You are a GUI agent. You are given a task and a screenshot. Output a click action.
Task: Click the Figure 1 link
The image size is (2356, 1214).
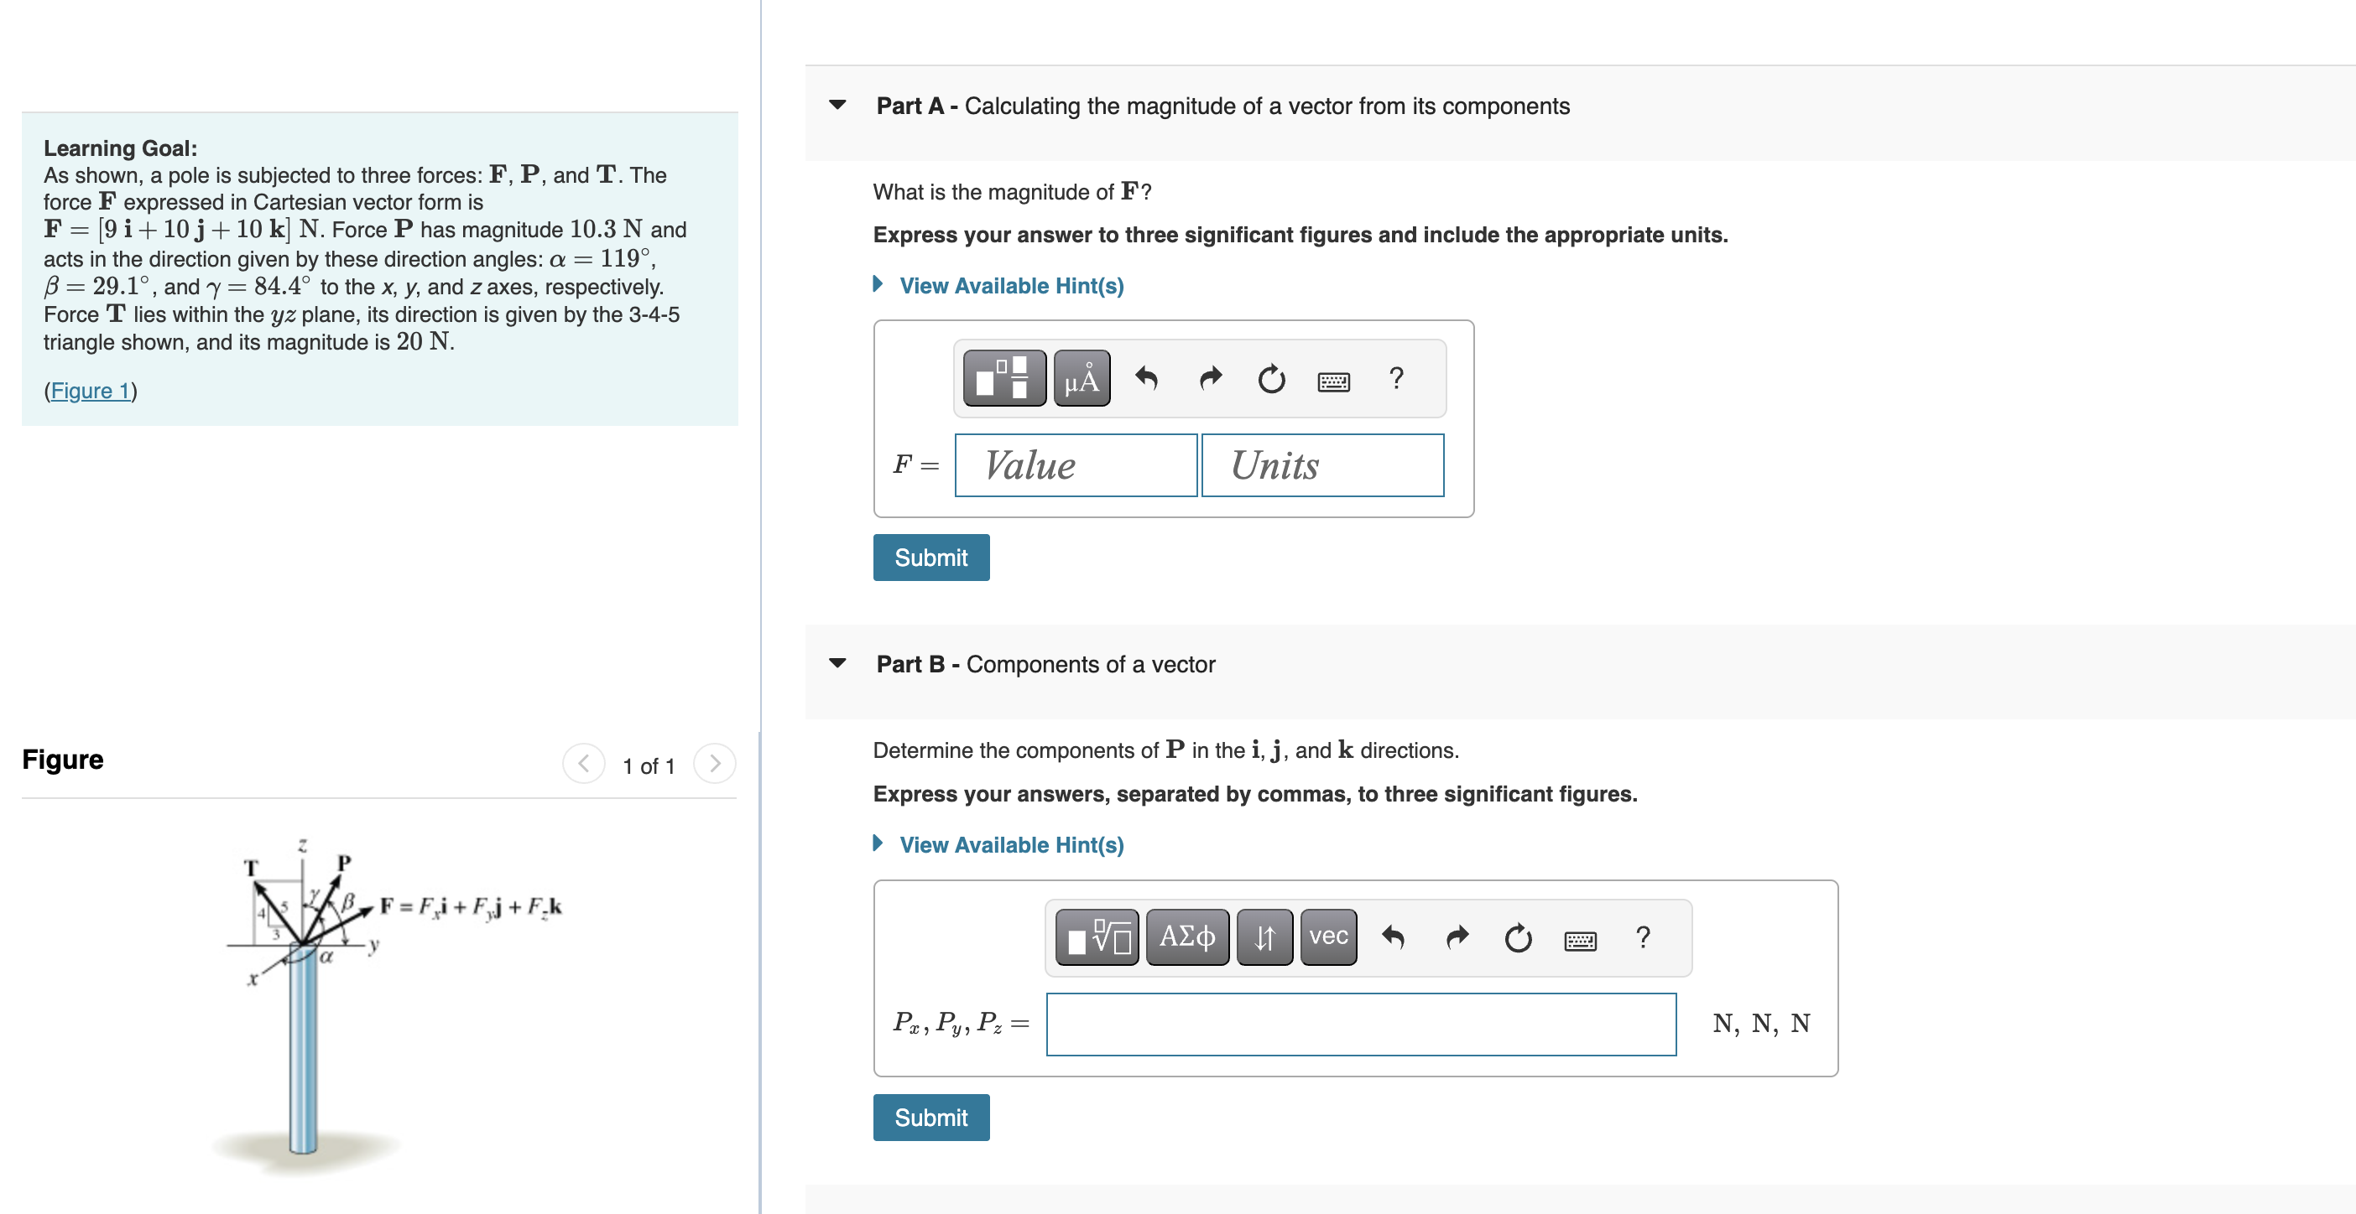coord(91,392)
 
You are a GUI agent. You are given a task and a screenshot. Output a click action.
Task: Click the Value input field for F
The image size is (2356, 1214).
coord(1075,465)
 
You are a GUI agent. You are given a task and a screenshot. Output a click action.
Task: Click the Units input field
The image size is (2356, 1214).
coord(1321,465)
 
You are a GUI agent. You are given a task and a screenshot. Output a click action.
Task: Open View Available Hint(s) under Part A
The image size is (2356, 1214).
coord(1011,286)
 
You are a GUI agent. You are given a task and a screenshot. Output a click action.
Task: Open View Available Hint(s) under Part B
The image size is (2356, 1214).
coord(1011,844)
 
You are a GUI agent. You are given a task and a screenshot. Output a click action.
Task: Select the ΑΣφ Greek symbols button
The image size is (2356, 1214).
coord(1186,937)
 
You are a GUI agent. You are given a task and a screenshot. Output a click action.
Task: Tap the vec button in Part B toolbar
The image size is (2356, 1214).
coord(1328,937)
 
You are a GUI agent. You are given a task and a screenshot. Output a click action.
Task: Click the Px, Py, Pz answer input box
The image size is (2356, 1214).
coord(1360,1024)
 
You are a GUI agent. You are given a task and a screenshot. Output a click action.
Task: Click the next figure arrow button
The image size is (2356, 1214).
coord(714,763)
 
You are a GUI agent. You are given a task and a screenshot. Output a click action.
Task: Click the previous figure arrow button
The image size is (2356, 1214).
coord(583,763)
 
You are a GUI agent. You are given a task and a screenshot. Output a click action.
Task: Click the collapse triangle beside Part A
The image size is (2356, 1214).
coord(837,105)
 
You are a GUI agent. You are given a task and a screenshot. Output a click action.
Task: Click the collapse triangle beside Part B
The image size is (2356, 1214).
coord(837,664)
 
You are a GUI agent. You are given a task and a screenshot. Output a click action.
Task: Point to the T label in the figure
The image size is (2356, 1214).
coord(252,868)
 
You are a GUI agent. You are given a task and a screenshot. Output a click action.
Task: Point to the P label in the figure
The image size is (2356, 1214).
coord(344,862)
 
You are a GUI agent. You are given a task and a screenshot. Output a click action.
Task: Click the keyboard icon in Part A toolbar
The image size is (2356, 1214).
coord(1332,381)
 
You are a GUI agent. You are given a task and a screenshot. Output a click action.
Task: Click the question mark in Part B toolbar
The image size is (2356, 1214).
coord(1643,937)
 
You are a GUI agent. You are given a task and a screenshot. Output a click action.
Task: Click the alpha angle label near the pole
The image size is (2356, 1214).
coord(326,957)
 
